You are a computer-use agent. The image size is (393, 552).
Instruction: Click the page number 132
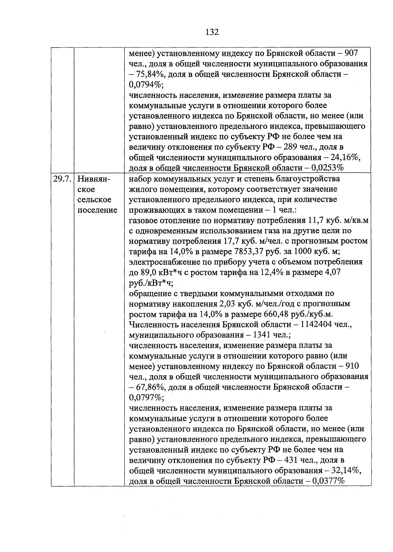point(212,32)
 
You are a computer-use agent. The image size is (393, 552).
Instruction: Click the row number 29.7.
point(62,179)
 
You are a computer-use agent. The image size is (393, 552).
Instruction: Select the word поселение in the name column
point(97,210)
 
